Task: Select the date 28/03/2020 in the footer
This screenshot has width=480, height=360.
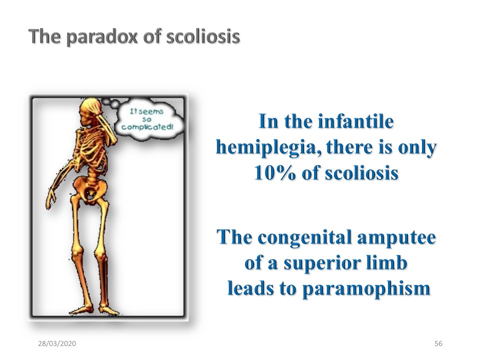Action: [57, 343]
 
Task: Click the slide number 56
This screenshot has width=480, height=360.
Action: [438, 343]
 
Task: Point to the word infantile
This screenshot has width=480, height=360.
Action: [355, 121]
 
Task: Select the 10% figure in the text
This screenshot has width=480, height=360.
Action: [275, 173]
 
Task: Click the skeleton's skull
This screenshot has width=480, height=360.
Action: [89, 111]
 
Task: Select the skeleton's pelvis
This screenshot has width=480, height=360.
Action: [90, 186]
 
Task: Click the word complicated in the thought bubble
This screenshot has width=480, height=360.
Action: [147, 126]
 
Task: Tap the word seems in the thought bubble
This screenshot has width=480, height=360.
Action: [151, 111]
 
